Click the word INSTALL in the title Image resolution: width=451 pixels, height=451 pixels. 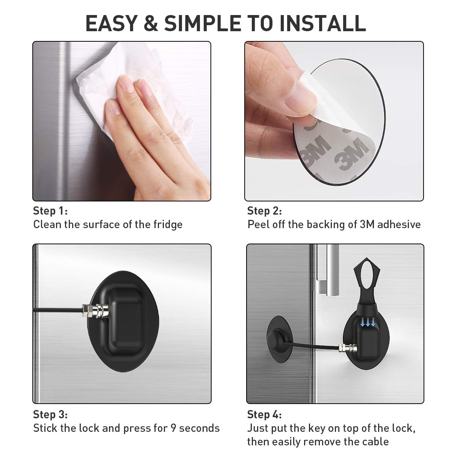[x=323, y=23]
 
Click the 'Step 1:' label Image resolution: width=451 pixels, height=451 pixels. [x=50, y=210]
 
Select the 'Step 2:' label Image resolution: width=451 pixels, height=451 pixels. [x=265, y=210]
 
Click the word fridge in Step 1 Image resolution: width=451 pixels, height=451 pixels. [x=168, y=224]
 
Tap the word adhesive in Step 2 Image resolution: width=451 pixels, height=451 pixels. [x=399, y=224]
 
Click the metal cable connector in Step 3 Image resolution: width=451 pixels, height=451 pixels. [x=95, y=310]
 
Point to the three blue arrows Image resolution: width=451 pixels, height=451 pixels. [x=368, y=323]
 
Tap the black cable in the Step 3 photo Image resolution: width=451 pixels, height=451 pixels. [x=58, y=310]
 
